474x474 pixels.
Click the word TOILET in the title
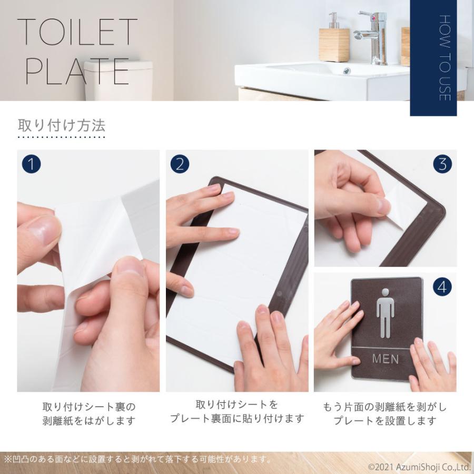click(x=77, y=33)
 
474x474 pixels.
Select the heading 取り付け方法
click(x=62, y=125)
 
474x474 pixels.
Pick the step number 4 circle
click(x=442, y=287)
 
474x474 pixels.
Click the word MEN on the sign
click(x=386, y=360)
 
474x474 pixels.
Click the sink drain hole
click(x=347, y=71)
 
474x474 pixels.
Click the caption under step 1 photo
click(x=88, y=414)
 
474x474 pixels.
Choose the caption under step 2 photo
click(x=237, y=412)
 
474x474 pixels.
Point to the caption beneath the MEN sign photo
click(x=384, y=414)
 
